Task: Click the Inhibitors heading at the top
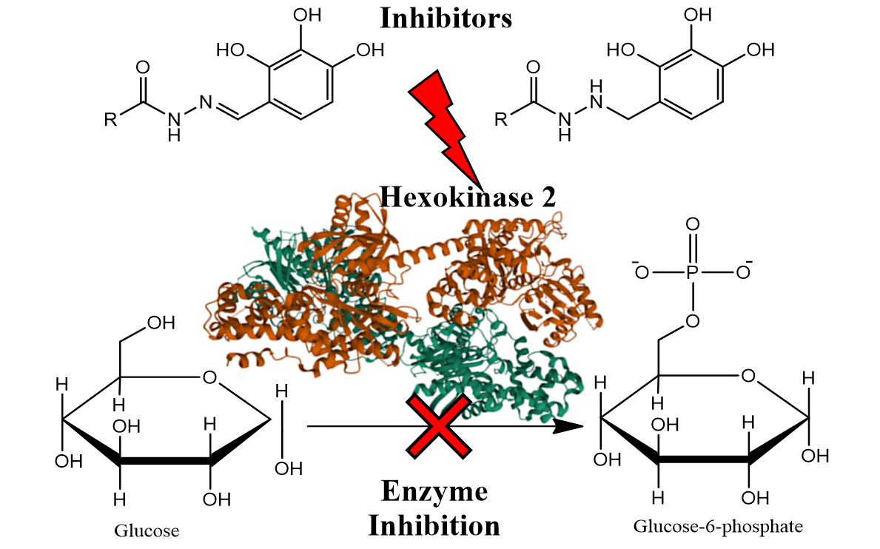click(x=446, y=18)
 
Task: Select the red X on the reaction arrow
click(x=438, y=427)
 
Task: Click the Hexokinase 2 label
click(x=468, y=197)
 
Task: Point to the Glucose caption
click(x=147, y=530)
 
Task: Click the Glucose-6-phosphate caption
click(x=717, y=527)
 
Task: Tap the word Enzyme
click(x=434, y=491)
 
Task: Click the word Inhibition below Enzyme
click(x=434, y=525)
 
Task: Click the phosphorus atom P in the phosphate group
click(x=693, y=272)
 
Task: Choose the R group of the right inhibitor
click(x=501, y=119)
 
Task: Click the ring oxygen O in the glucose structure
click(x=209, y=378)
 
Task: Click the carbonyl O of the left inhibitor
click(x=143, y=68)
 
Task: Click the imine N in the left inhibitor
click(x=206, y=105)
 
